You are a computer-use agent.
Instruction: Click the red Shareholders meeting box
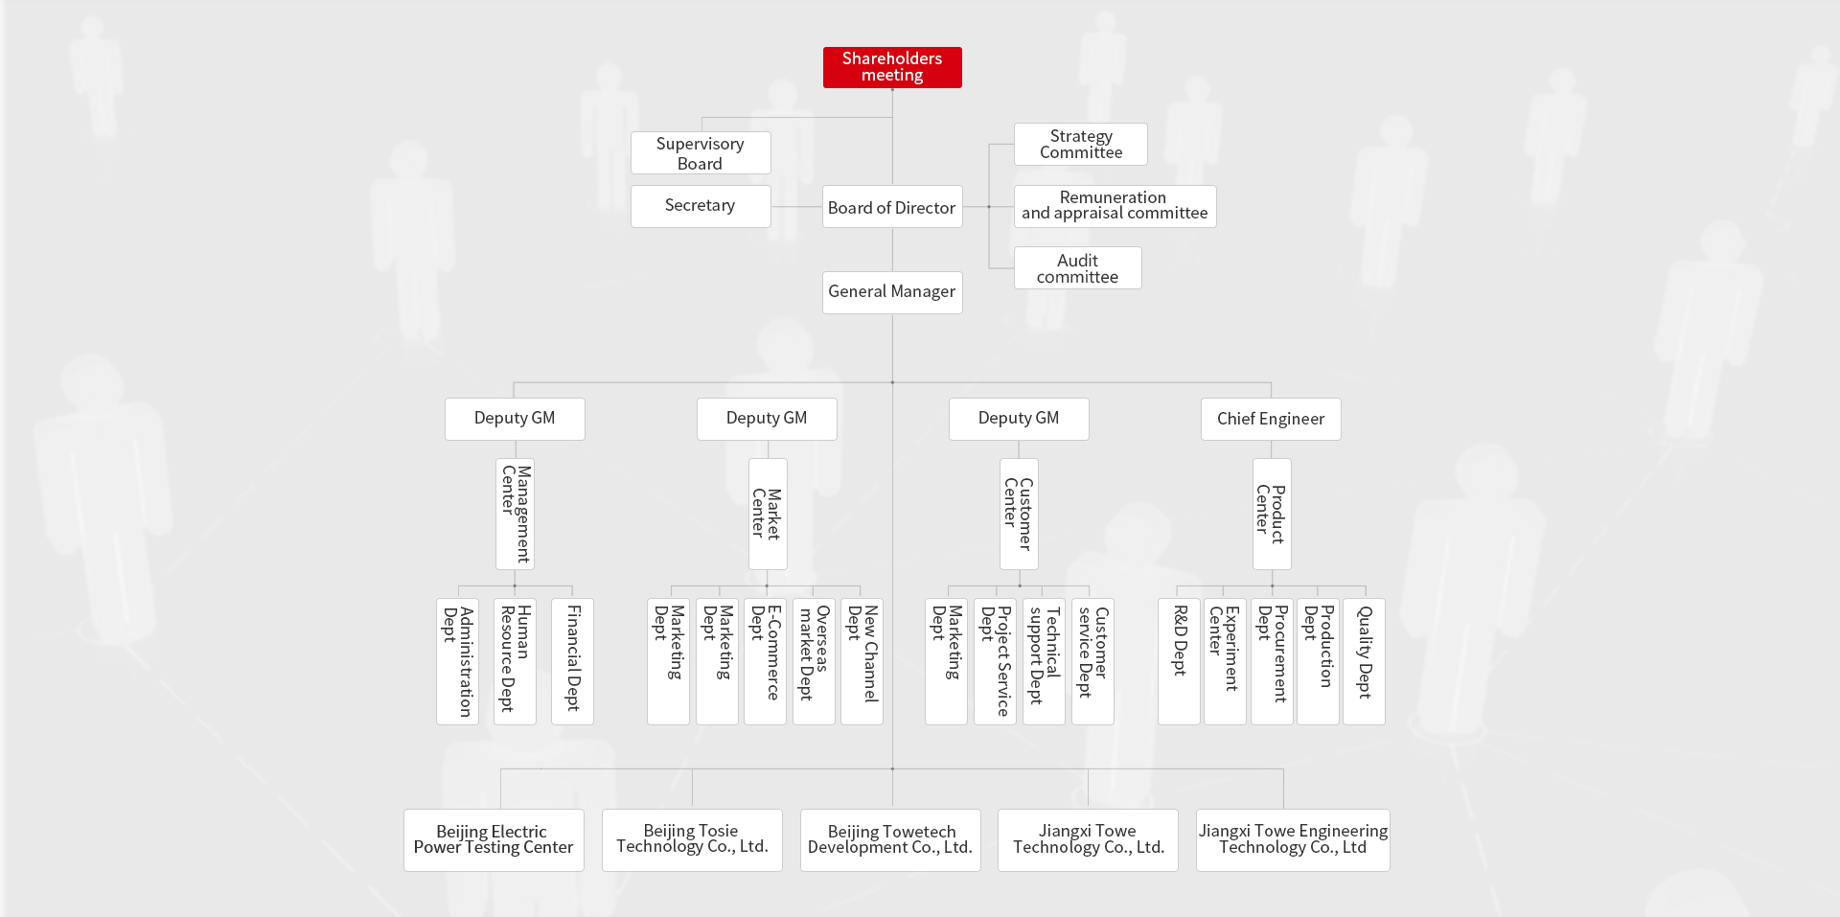point(892,67)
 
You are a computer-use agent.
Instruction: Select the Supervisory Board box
point(701,153)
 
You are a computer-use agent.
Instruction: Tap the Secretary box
point(701,206)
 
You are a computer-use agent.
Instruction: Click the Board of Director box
point(892,207)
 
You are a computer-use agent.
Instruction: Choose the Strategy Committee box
point(1081,145)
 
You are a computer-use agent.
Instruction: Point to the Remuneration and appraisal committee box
point(1115,206)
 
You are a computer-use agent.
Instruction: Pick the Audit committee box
point(1078,268)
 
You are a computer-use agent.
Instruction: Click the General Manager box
point(892,292)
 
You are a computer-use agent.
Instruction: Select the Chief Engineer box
point(1271,420)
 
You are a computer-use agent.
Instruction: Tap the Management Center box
point(515,514)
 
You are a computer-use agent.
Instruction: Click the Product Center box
point(1272,514)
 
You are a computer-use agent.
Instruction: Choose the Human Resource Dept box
point(515,661)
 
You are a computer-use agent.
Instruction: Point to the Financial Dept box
point(572,661)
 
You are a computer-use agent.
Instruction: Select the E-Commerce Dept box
point(766,661)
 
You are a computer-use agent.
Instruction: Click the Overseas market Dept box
point(814,661)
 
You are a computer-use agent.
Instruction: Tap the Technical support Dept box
point(1044,661)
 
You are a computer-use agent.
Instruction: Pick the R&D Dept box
point(1179,661)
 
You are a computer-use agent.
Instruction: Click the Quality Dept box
point(1364,661)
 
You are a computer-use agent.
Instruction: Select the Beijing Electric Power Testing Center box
point(494,840)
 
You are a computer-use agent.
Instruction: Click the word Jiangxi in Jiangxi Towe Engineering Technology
point(1224,831)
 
